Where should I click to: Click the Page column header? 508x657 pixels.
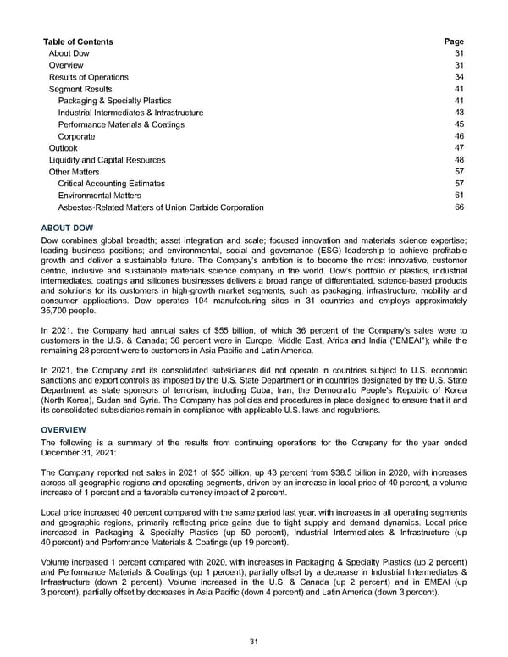pyautogui.click(x=454, y=41)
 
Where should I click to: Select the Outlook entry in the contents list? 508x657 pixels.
pyautogui.click(x=63, y=148)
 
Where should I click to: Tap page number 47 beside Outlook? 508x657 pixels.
pyautogui.click(x=459, y=148)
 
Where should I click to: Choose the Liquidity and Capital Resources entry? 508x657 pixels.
pyautogui.click(x=107, y=160)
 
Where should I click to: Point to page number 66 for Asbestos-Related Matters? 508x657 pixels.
pyautogui.click(x=459, y=207)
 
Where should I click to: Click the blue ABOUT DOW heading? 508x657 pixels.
pyautogui.click(x=67, y=229)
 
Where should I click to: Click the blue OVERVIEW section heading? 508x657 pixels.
pyautogui.click(x=63, y=430)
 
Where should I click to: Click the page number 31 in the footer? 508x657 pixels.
pyautogui.click(x=253, y=642)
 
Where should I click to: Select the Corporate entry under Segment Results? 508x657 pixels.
pyautogui.click(x=76, y=136)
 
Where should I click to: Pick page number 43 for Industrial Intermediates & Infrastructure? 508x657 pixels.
pyautogui.click(x=459, y=113)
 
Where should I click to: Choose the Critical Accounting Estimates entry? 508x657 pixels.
pyautogui.click(x=111, y=184)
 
